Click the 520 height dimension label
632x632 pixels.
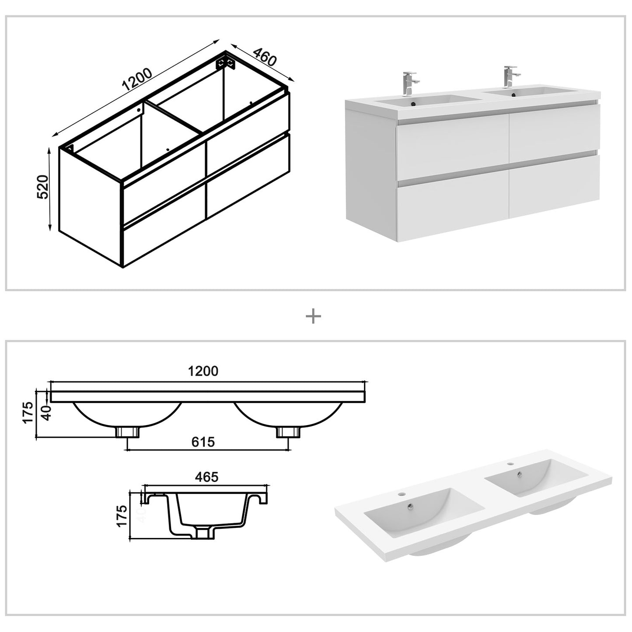(42, 187)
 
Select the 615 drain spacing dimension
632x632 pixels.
(203, 442)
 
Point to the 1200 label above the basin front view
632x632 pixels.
(203, 371)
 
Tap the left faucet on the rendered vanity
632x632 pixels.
(410, 83)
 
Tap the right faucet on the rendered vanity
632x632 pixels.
(510, 77)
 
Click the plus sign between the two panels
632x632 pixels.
(313, 316)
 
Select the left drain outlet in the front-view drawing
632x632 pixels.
(127, 432)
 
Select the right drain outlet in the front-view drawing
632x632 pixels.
(288, 432)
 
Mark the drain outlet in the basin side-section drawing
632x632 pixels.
(203, 533)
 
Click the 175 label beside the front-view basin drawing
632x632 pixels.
(28, 413)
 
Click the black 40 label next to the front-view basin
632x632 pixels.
(46, 412)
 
